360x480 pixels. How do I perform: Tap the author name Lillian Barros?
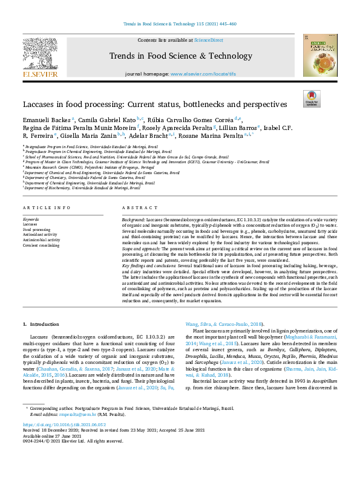click(x=239, y=128)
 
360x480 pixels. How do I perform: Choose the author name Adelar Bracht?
click(x=152, y=136)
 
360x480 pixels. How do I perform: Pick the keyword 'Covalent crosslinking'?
click(x=42, y=246)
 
